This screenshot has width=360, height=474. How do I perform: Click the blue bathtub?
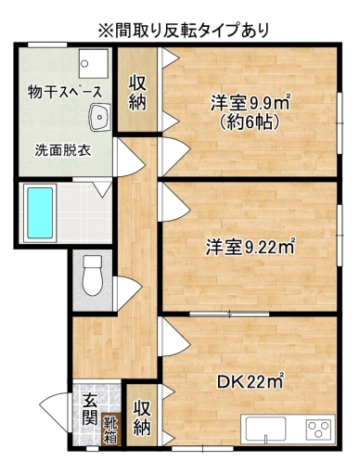(x=40, y=213)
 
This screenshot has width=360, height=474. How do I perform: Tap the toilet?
(x=93, y=275)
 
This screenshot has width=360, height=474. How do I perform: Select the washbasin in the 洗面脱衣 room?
(x=99, y=117)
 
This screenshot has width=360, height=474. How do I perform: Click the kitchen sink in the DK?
(x=265, y=429)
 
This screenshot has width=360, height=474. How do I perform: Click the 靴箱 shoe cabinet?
(x=110, y=429)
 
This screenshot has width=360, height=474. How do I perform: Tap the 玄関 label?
(x=90, y=409)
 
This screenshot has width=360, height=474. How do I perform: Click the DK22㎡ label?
(x=251, y=381)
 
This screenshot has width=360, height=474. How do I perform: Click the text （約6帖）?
(x=250, y=122)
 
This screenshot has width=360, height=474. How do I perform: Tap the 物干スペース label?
(x=64, y=92)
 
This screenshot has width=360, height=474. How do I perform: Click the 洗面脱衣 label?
(x=63, y=150)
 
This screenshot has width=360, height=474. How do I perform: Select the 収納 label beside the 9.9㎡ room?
(x=137, y=93)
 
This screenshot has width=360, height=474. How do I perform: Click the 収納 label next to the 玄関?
(x=142, y=417)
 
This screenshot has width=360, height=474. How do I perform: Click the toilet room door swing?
(x=127, y=293)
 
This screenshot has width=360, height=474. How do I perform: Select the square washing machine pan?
(x=94, y=63)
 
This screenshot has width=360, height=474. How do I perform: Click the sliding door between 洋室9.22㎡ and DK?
(x=229, y=314)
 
